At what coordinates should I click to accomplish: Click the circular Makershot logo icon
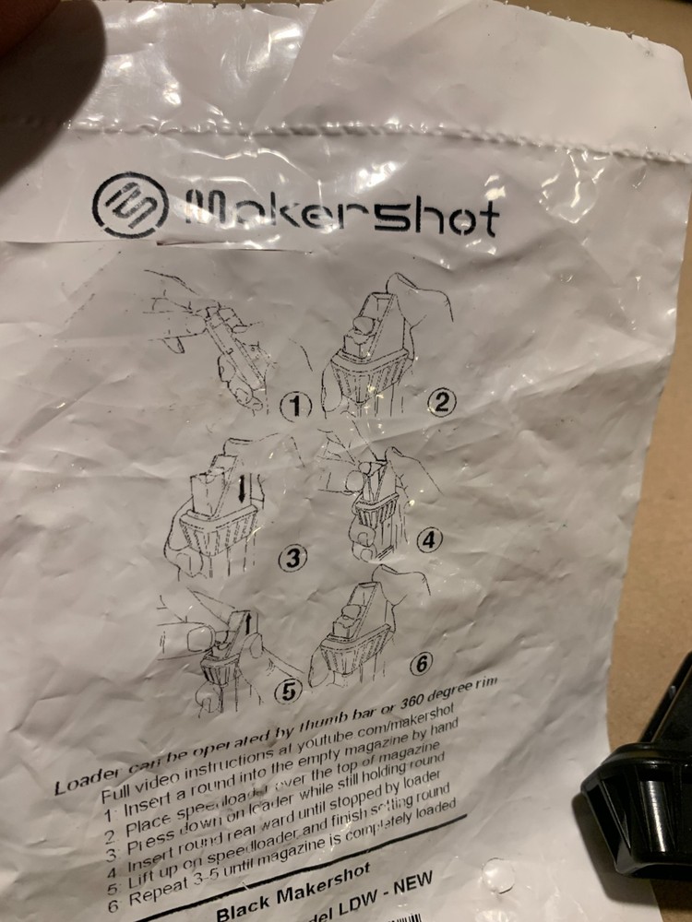130,205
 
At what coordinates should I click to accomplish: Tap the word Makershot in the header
341,213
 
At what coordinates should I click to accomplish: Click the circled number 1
297,406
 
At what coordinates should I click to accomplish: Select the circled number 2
443,402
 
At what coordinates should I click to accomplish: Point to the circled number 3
292,558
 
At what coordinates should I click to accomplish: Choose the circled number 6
421,662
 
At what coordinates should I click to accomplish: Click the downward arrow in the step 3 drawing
241,487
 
